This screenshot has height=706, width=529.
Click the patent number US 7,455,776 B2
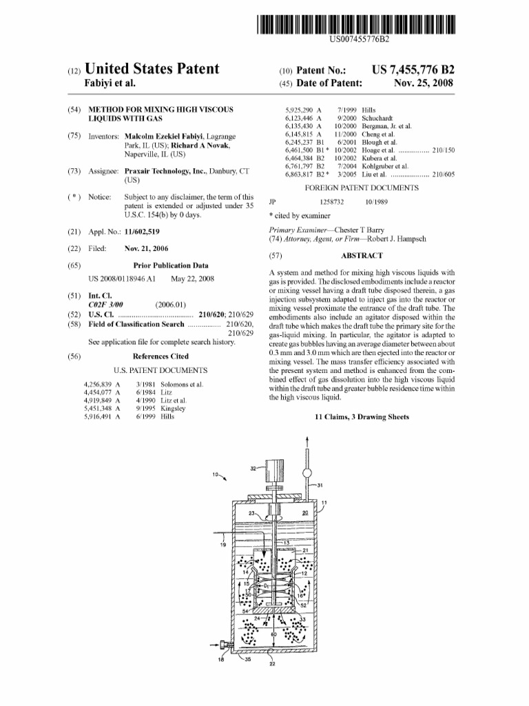coord(413,70)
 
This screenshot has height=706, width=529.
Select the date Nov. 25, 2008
coord(424,83)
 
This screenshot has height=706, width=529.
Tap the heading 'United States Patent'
coord(152,69)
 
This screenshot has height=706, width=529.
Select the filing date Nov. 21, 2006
coord(146,248)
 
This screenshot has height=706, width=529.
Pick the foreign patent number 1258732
coord(332,202)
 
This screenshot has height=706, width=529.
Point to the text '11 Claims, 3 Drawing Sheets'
coord(362,417)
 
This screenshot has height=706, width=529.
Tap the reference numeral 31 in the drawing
coord(320,485)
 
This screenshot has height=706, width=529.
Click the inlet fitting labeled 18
coord(222,645)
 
